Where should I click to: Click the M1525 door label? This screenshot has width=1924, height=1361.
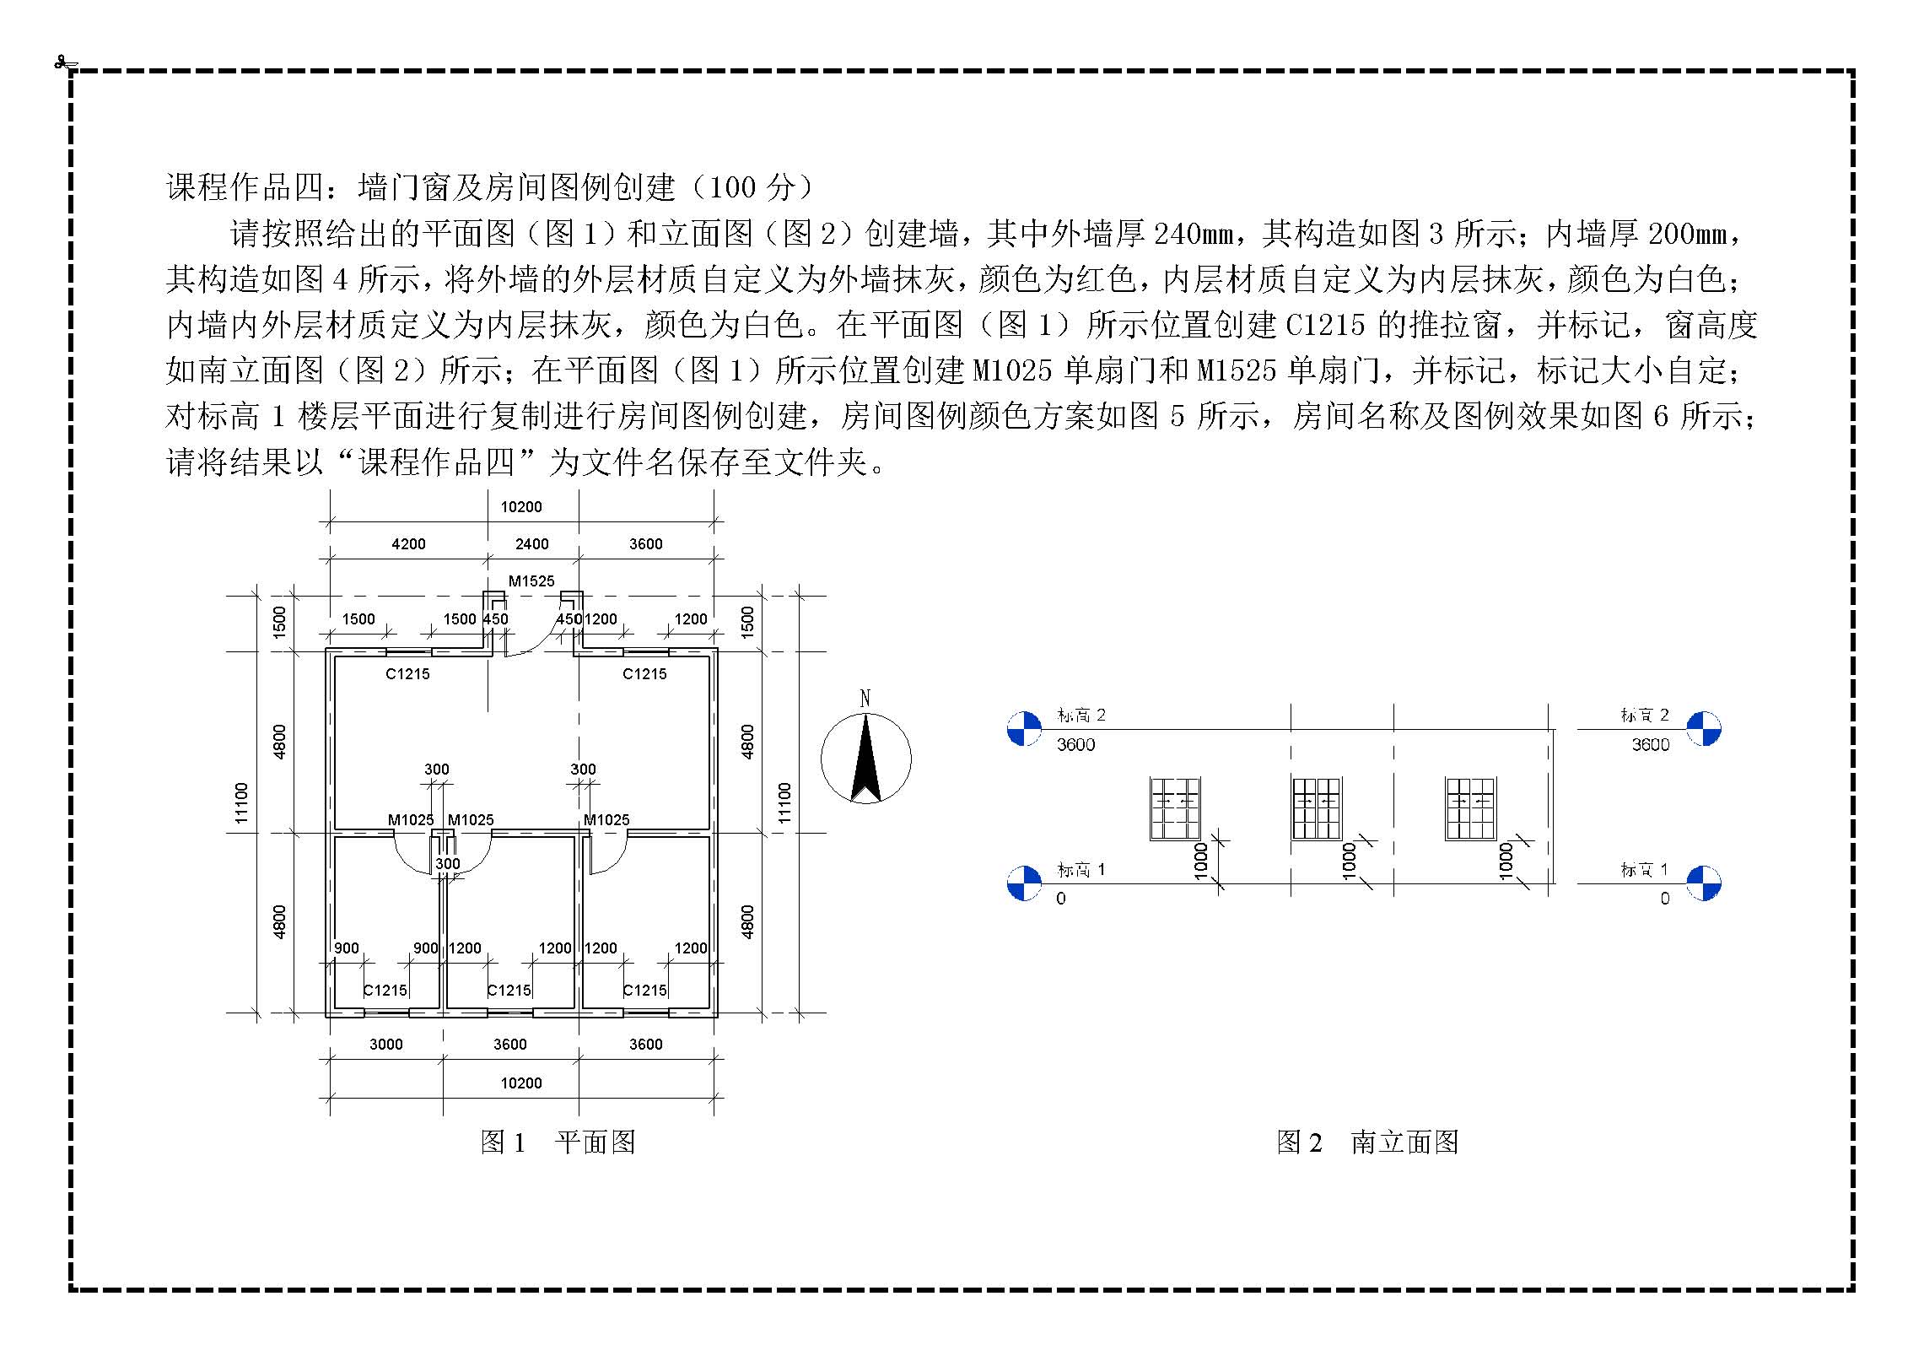pos(531,581)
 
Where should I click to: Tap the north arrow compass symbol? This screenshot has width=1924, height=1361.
pos(865,759)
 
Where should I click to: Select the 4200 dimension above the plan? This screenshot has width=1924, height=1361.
pos(408,544)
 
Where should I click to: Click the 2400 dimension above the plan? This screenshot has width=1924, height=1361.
pos(532,544)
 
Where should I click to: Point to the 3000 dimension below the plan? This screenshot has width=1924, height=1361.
pos(386,1045)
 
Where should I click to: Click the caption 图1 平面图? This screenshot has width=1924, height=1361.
pos(558,1142)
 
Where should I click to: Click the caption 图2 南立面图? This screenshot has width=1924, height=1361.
pos(1367,1142)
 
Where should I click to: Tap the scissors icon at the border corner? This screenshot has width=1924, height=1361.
pos(64,62)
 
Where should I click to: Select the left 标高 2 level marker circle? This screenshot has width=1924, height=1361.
pos(1025,729)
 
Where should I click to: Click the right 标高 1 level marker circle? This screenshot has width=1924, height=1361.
pos(1703,883)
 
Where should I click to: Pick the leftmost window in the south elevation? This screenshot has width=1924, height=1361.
pos(1175,808)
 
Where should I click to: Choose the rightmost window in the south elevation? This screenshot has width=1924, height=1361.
pos(1470,808)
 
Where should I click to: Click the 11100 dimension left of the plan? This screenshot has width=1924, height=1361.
pos(242,802)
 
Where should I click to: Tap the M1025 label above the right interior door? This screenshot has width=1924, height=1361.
pos(606,819)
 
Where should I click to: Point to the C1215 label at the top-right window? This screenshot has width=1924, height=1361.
pos(644,673)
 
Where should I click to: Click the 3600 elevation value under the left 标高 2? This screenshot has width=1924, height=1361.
pos(1075,744)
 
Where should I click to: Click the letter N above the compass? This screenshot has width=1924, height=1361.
pos(865,699)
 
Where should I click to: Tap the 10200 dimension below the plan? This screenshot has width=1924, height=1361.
pos(521,1083)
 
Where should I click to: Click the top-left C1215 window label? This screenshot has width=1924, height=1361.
pos(407,673)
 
